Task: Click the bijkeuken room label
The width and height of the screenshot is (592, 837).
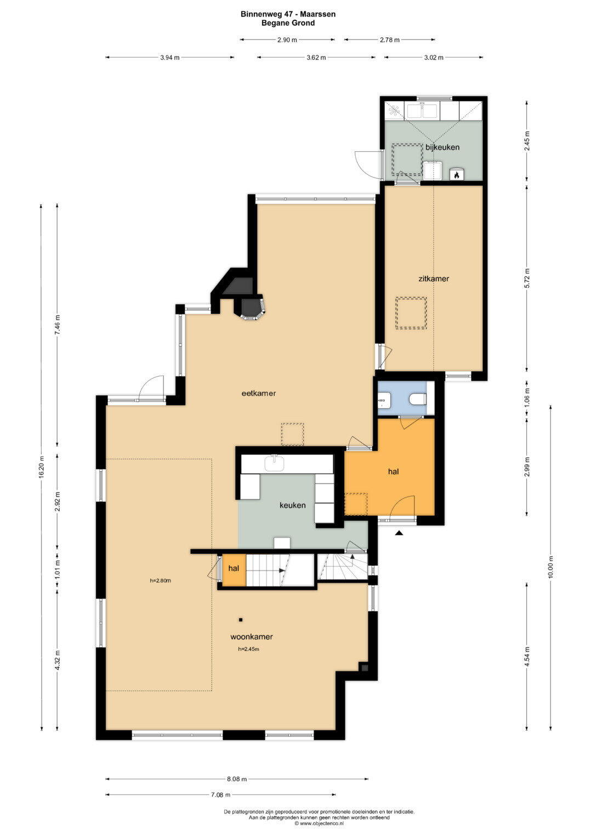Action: [442, 147]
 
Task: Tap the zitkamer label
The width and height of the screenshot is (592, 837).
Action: [434, 278]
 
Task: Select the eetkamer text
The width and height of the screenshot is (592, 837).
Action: [259, 393]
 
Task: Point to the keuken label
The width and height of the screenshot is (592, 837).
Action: [293, 505]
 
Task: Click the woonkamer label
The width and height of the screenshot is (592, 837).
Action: [252, 636]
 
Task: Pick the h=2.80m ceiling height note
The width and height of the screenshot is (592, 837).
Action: [160, 580]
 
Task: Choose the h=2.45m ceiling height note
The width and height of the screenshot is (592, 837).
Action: [248, 649]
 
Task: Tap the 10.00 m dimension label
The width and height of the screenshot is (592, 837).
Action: [550, 567]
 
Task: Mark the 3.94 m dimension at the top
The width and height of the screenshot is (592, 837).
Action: [170, 58]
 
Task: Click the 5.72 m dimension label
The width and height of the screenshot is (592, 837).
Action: [527, 278]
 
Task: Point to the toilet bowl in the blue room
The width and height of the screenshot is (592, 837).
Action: [418, 400]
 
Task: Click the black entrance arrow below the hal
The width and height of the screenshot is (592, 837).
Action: [400, 533]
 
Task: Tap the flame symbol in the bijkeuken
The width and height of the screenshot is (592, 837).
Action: [457, 174]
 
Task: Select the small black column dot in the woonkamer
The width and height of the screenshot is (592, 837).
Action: [241, 620]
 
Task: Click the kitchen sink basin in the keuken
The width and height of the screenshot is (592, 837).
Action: [274, 464]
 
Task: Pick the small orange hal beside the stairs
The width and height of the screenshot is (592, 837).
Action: [234, 568]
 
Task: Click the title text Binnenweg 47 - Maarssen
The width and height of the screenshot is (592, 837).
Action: [288, 14]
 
